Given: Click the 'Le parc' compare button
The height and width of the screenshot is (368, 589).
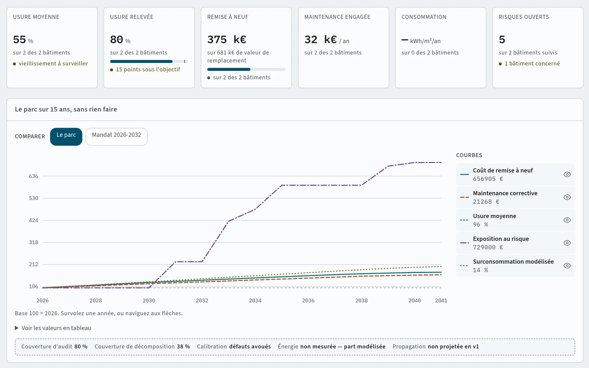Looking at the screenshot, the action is tap(66, 137).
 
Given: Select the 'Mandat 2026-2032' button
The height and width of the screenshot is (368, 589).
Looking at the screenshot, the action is tap(116, 137).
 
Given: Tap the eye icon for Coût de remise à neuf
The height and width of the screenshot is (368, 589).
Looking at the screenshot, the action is tap(567, 174).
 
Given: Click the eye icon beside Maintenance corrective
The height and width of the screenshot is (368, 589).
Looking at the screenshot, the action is tap(567, 197).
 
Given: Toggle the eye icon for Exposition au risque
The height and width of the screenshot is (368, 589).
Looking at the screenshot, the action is tap(567, 243).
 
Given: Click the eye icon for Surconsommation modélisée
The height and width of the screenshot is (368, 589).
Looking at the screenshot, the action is tap(567, 266).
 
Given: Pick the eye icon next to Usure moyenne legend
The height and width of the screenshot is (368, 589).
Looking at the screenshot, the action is tap(567, 220).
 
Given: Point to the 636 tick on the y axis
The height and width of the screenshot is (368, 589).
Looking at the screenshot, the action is tap(33, 176).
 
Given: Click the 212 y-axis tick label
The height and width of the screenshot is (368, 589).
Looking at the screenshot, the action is tap(33, 265).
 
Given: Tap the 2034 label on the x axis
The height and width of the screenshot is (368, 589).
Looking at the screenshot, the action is tap(255, 300).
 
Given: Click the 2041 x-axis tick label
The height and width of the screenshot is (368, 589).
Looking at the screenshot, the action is tap(441, 300).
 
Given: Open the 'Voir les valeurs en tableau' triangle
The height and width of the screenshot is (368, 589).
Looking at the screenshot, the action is tap(17, 328).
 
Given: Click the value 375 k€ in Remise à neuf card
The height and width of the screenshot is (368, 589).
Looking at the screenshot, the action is tap(227, 40).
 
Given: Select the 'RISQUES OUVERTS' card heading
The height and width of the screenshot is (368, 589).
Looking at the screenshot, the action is tap(524, 17).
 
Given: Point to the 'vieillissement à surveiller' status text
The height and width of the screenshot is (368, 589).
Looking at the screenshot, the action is tap(53, 64).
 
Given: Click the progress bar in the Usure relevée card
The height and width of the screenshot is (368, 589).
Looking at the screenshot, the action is tap(149, 61).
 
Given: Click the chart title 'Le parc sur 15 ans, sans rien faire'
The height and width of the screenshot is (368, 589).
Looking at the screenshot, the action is tap(66, 109).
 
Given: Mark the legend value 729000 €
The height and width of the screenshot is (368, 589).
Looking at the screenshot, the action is tap(488, 247).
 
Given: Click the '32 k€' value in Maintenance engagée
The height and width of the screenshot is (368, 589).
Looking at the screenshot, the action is tap(321, 40).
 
